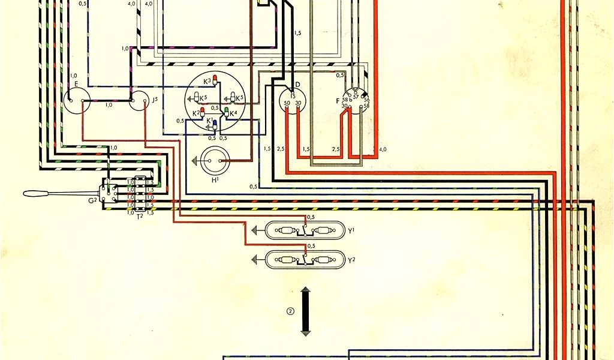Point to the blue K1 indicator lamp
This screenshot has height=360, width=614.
click(x=215, y=123)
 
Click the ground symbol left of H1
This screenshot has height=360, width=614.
click(x=195, y=161)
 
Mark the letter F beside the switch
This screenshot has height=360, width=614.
click(x=338, y=101)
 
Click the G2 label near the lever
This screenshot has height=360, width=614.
click(x=93, y=200)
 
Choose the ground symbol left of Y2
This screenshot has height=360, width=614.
click(x=256, y=259)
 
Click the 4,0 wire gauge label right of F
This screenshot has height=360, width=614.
click(x=383, y=148)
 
